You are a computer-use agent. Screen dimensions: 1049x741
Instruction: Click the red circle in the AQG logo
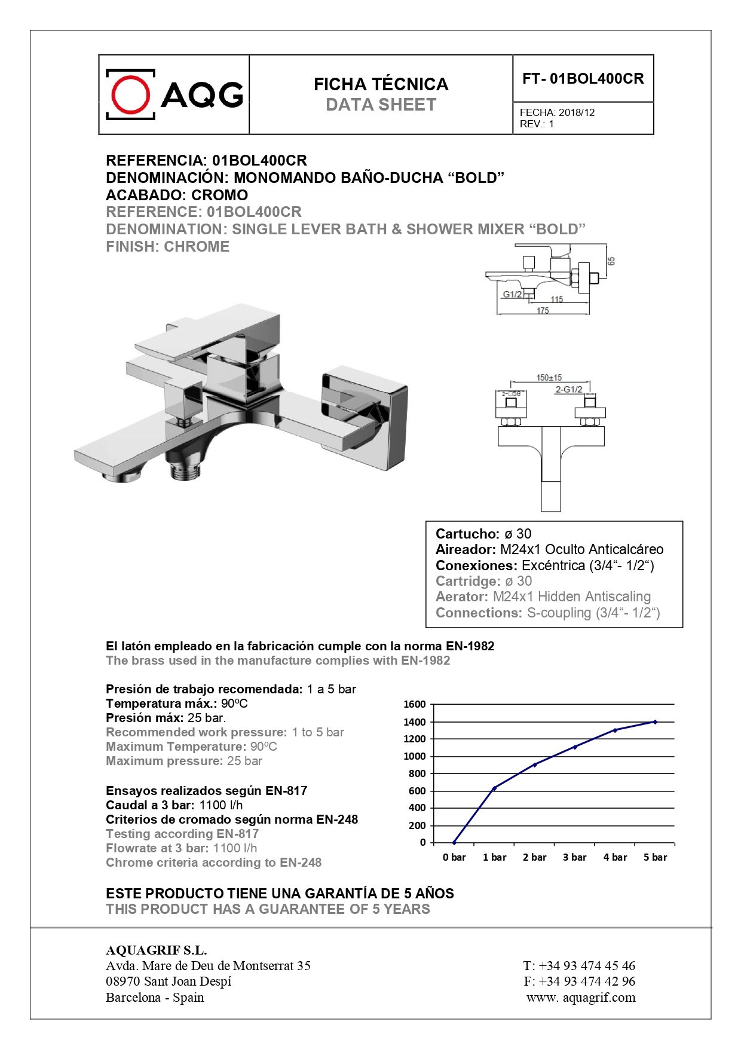point(130,94)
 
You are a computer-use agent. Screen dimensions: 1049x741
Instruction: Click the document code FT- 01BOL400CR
point(583,79)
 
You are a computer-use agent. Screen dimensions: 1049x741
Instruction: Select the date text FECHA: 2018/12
point(557,112)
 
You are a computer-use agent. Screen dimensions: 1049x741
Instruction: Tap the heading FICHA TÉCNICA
point(381,84)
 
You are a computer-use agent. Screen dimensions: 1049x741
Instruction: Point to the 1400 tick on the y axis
point(414,722)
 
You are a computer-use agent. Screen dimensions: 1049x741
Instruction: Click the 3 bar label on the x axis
point(574,857)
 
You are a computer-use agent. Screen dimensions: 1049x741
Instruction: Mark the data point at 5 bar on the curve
point(655,722)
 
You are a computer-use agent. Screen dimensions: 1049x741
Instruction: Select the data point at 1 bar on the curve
point(494,788)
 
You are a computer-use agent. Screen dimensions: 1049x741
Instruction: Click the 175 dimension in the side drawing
point(543,311)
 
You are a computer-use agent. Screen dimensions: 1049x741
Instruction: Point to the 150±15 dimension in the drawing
point(549,378)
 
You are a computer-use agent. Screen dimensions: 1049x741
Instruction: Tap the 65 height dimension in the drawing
point(611,261)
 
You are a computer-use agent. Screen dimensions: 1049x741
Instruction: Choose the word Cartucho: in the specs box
point(467,534)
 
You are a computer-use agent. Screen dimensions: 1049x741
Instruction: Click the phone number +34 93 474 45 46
point(587,965)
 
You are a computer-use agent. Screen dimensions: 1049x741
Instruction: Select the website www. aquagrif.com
point(581,997)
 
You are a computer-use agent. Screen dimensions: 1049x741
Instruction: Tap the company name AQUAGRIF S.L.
point(156,950)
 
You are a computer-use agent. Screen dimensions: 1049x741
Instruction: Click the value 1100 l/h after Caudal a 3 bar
point(221,805)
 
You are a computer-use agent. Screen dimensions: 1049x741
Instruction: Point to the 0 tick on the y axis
point(422,842)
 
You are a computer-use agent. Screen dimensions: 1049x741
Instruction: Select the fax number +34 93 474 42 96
point(587,981)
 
